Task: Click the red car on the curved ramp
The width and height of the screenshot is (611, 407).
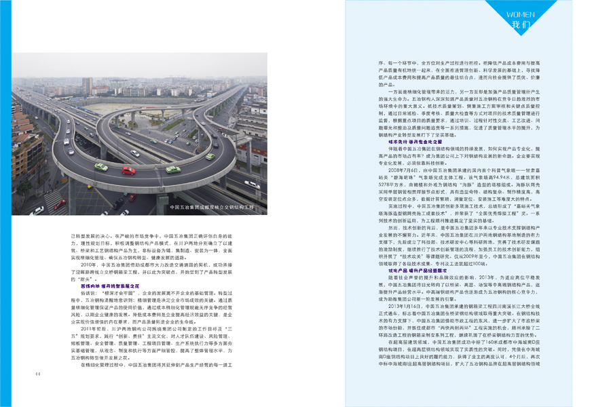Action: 128,170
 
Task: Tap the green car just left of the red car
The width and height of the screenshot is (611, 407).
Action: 101,167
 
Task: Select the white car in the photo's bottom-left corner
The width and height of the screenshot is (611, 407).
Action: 37,210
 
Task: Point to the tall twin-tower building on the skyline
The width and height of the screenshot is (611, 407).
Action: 87,85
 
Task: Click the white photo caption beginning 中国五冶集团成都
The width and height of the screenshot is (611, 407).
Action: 210,207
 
